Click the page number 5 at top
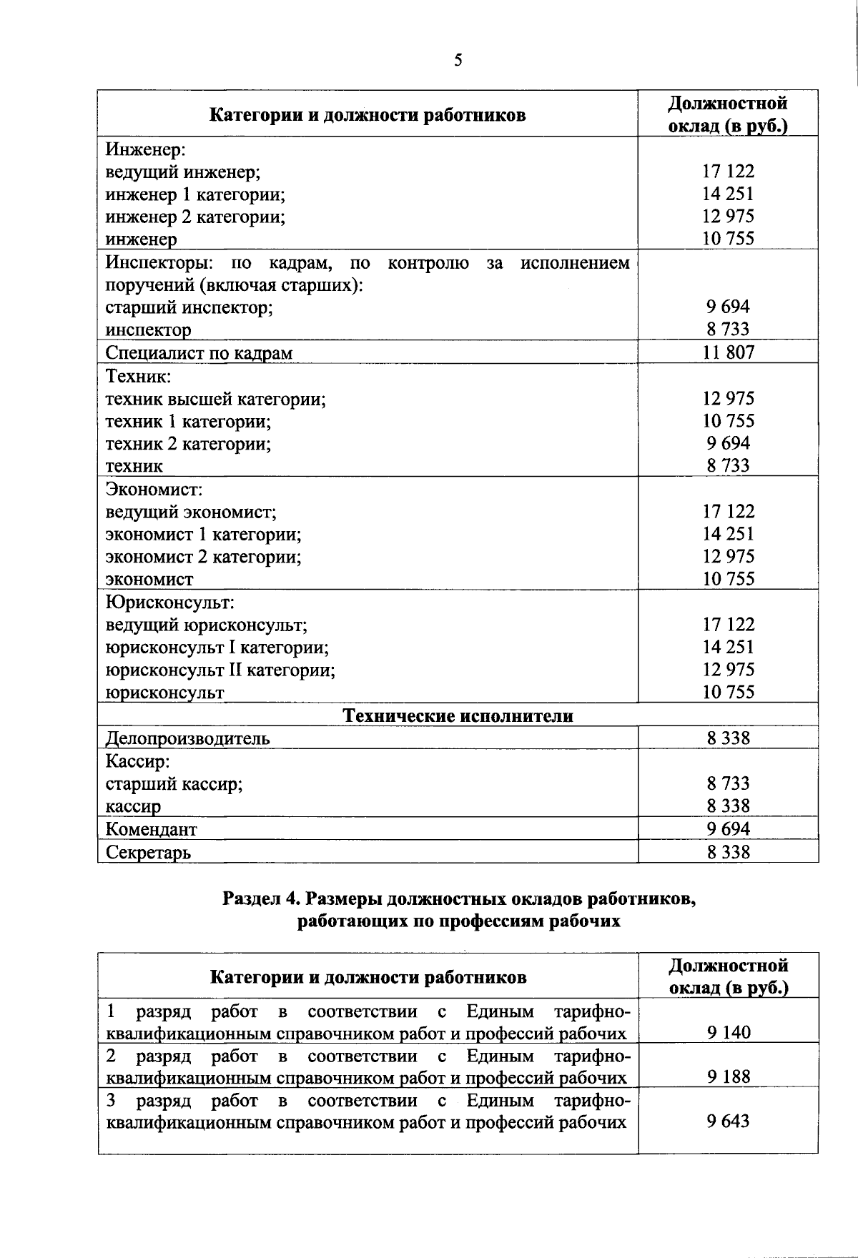click(458, 60)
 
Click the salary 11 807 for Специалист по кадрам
click(728, 352)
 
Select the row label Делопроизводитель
click(188, 738)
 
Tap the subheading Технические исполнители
click(458, 715)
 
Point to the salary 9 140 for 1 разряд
click(729, 1033)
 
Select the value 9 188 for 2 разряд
click(729, 1077)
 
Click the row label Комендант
click(151, 829)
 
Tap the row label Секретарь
click(148, 852)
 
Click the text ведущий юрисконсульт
click(207, 625)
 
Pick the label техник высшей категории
click(216, 399)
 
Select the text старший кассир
click(174, 784)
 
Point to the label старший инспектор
click(189, 308)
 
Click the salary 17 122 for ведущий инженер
click(728, 172)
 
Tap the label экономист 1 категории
click(203, 535)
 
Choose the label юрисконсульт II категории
click(220, 670)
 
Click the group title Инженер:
click(146, 149)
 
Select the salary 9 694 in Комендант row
click(728, 829)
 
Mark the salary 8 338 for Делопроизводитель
click(728, 738)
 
